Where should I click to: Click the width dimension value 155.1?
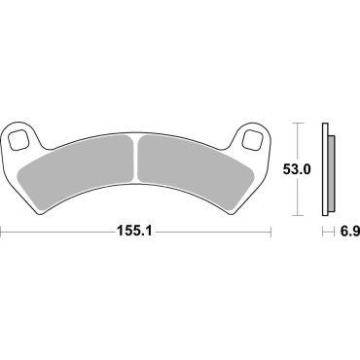point(136,233)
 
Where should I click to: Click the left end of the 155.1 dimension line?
point(2,233)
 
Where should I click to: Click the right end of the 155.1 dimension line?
point(270,233)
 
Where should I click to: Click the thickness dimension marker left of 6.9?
point(323,233)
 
